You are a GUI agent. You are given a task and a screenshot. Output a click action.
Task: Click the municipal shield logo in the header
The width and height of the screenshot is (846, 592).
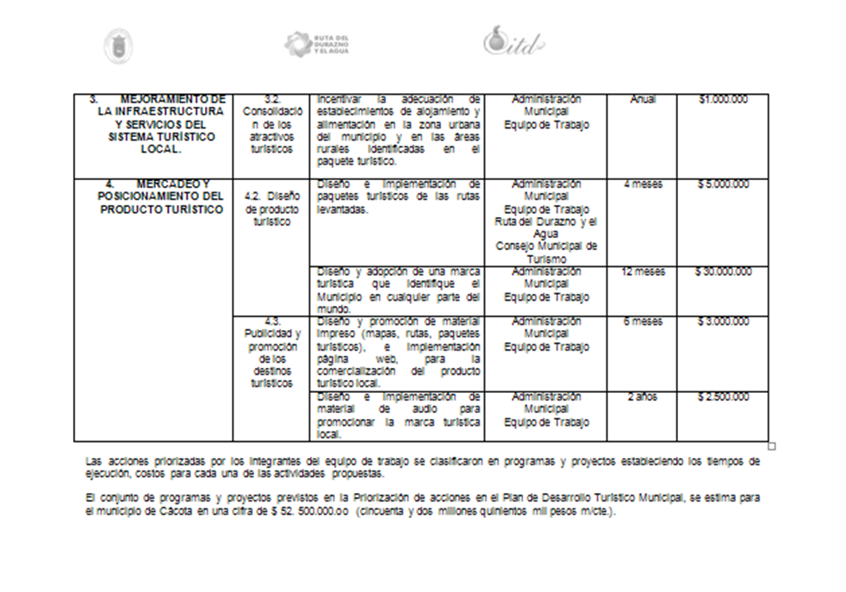pos(118,46)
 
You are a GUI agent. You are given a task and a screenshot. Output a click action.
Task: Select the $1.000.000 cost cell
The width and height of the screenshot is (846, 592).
pos(723,100)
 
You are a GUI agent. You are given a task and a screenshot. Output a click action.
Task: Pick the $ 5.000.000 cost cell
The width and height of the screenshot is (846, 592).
pos(723,184)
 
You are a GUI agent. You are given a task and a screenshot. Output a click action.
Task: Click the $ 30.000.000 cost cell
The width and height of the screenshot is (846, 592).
pos(723,272)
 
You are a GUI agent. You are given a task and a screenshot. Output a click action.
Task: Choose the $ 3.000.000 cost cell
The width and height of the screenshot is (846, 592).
pos(723,321)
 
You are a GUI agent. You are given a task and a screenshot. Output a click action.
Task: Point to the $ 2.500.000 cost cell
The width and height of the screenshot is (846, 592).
pos(723,397)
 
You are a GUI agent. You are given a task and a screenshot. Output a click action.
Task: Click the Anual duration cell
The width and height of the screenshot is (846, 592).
pos(642,100)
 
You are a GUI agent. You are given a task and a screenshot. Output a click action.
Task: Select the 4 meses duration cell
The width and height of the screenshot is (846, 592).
pos(642,184)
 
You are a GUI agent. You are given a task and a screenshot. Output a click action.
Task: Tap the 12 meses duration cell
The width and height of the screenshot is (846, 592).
pos(642,272)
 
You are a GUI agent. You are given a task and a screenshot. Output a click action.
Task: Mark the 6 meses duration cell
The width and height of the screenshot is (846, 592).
pos(642,321)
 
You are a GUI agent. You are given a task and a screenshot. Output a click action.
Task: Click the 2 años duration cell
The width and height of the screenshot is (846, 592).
pos(642,397)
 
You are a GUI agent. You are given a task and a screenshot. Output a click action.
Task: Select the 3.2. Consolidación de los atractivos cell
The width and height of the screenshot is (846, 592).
pos(271,124)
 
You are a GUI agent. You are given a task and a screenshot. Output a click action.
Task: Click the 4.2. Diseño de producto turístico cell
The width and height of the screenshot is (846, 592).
pos(271,209)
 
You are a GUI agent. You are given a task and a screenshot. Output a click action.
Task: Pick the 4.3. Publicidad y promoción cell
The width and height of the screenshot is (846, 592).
pos(271,352)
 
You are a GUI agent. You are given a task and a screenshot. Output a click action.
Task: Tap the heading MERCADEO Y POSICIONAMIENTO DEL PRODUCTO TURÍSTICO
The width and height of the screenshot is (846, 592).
pos(161,197)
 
